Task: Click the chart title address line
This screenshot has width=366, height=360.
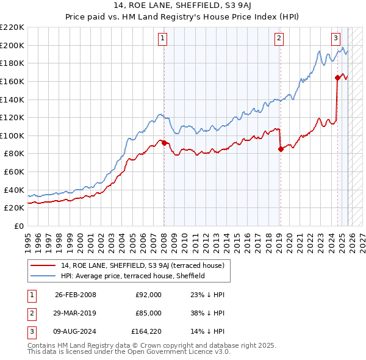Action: point(183,6)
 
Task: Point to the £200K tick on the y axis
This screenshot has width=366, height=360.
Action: point(12,45)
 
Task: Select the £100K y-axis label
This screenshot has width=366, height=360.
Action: point(12,135)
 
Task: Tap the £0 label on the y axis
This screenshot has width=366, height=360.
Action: point(18,226)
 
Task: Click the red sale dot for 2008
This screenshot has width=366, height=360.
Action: point(164,143)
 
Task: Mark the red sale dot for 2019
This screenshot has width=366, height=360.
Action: point(281,149)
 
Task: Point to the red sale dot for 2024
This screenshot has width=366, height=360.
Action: point(337,77)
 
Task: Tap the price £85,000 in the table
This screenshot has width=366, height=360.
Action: point(148,312)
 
